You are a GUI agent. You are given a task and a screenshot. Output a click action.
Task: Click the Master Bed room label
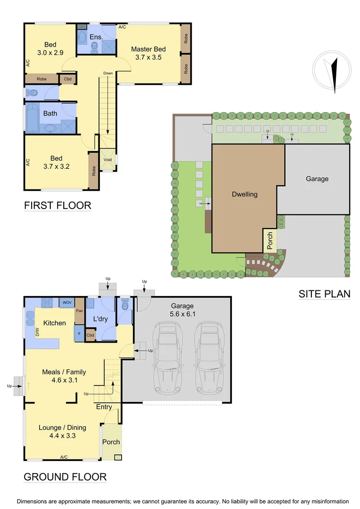point(148,49)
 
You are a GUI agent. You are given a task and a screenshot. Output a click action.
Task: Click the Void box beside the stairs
point(108,159)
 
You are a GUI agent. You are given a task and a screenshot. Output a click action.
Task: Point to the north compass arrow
point(334,74)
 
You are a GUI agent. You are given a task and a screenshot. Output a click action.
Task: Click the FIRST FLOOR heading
point(57,205)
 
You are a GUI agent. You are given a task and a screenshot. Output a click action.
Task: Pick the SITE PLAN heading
point(325,294)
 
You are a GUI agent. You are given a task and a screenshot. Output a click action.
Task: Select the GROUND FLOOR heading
point(65,476)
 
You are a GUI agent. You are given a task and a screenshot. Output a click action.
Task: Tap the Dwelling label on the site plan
point(245,194)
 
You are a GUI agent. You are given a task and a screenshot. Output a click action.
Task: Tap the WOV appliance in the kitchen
point(66,302)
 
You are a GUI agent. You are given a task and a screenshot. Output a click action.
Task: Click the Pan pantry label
point(80,311)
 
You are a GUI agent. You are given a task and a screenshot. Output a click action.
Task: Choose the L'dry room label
point(101,319)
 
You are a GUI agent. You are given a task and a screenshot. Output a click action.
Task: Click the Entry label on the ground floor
point(104,407)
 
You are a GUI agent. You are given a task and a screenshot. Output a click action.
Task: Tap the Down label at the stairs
point(108,73)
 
